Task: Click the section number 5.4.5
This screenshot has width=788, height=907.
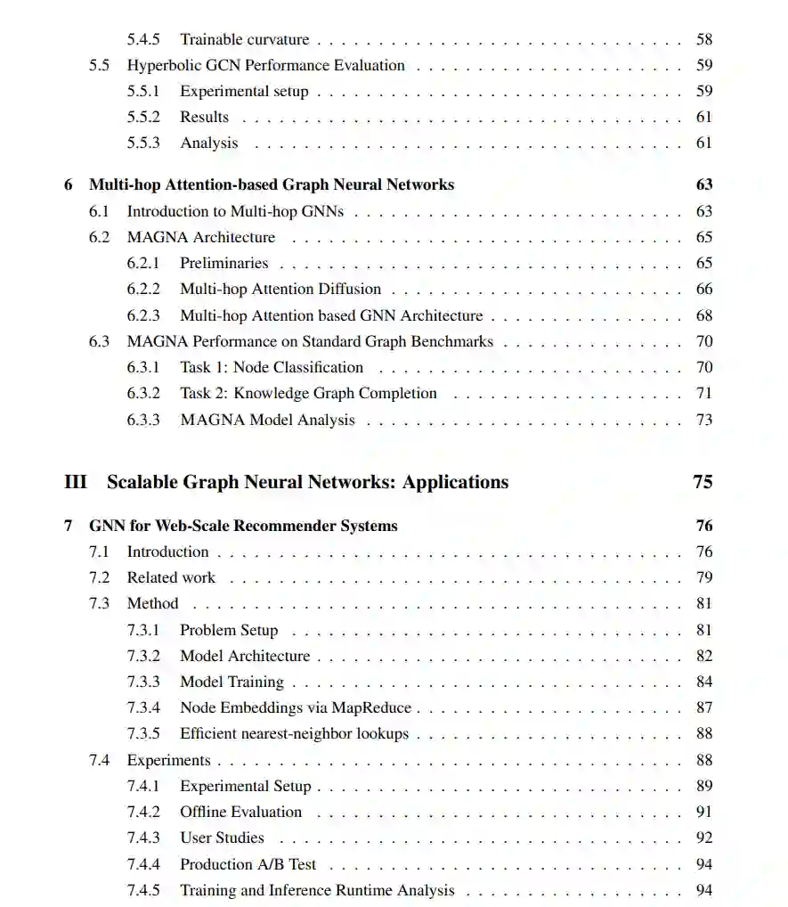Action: coord(142,39)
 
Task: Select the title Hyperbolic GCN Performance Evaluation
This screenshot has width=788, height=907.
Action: coord(265,65)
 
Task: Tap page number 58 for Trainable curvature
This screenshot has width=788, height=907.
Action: coord(704,39)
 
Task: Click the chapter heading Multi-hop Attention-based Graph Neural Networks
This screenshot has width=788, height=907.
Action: coord(272,184)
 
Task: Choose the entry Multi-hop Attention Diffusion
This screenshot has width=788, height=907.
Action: coord(280,289)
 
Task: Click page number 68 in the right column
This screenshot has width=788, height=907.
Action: coord(704,315)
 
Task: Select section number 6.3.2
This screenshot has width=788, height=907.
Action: coord(142,393)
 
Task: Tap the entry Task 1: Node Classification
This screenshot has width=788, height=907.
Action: coord(272,367)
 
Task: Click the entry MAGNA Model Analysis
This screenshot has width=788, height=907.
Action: coord(267,420)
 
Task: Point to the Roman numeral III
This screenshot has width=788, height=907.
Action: coord(76,482)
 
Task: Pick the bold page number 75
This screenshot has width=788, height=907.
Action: coord(703,482)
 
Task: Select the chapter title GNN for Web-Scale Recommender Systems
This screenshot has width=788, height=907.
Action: coord(243,526)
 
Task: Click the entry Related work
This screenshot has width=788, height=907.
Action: coord(171,577)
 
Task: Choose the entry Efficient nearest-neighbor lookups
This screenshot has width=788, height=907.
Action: coord(294,734)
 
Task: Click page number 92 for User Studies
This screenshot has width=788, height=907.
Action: coord(704,838)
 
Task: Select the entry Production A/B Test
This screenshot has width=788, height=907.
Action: coord(248,864)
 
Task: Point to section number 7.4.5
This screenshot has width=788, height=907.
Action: coord(142,890)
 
